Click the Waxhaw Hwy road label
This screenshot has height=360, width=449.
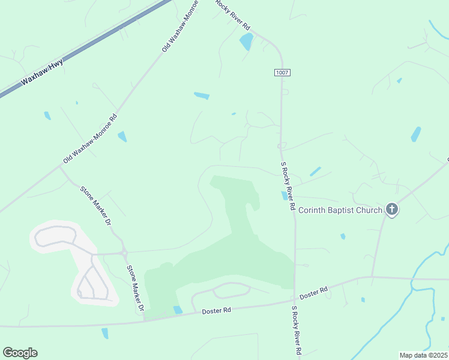[x=41, y=71]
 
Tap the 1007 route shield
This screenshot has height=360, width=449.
[x=282, y=72]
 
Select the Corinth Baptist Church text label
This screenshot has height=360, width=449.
[x=340, y=210]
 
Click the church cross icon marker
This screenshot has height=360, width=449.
[x=393, y=209]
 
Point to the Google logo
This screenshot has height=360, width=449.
[x=20, y=353]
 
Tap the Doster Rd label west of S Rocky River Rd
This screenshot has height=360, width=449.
[x=216, y=311]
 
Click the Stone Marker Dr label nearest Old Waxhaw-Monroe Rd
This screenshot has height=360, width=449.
[x=96, y=205]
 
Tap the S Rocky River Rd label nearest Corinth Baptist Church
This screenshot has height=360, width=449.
[x=288, y=185]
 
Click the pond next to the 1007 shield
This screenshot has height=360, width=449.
[x=246, y=41]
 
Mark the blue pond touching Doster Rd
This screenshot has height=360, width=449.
[x=178, y=310]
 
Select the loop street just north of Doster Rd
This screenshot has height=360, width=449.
[x=231, y=290]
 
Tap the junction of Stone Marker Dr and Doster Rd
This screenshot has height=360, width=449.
[x=144, y=319]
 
